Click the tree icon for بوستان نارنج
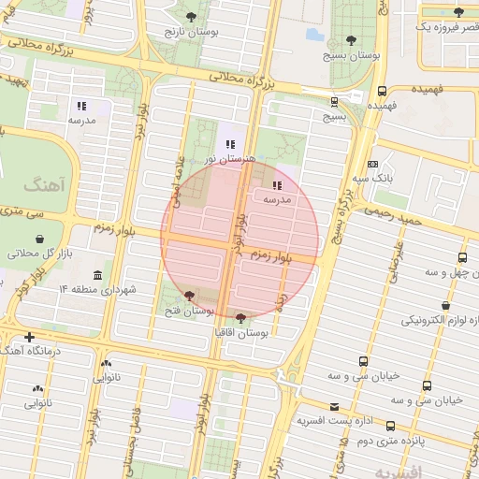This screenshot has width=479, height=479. (192, 17)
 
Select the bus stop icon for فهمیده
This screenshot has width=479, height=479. (382, 92)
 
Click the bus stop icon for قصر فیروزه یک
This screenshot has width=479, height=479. (457, 13)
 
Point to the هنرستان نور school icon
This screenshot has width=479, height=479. (230, 145)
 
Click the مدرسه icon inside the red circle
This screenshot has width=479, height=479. (277, 185)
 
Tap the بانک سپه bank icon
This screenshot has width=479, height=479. (372, 164)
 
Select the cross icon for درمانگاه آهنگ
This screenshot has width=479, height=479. (30, 337)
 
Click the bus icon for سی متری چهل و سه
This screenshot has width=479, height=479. (462, 257)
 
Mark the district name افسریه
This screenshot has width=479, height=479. (397, 469)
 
